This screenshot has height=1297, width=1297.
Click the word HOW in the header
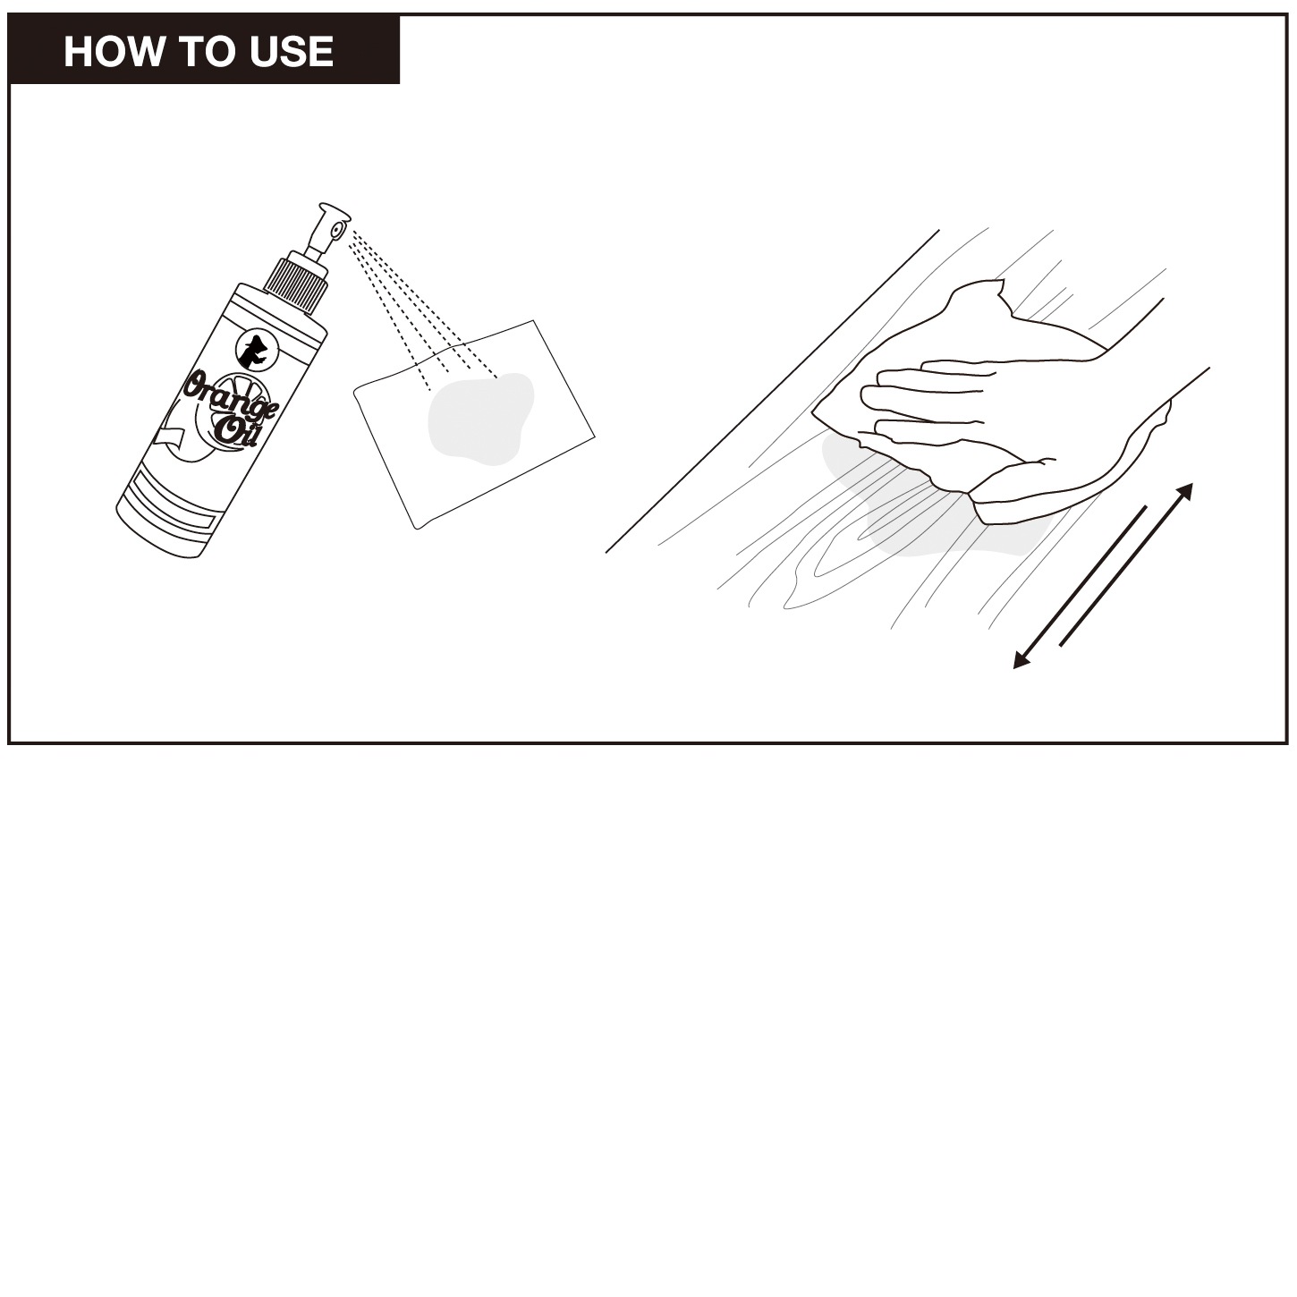point(113,52)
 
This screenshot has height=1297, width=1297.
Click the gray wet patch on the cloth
point(480,419)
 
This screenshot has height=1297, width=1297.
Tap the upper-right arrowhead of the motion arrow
point(1185,490)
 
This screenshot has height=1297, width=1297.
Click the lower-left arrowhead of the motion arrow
point(1021,660)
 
